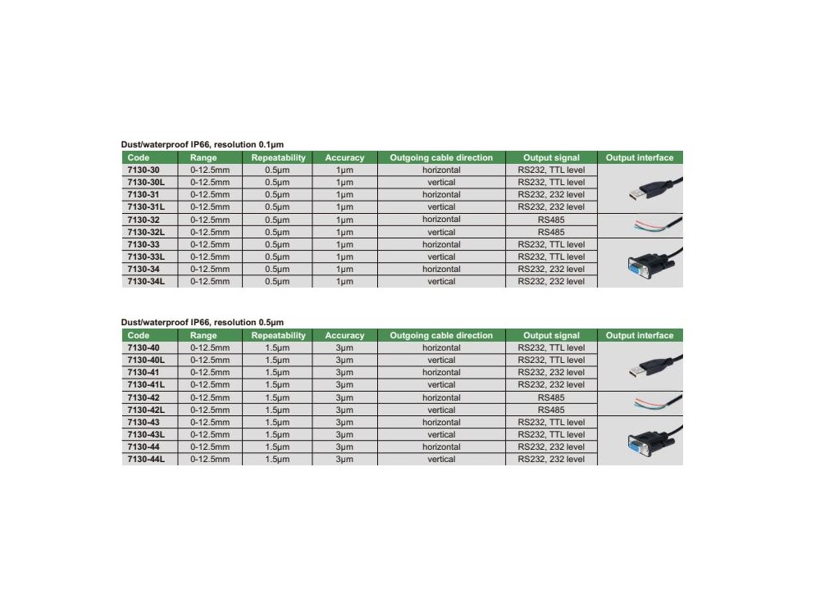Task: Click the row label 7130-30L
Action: click(x=147, y=182)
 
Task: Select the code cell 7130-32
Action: click(x=143, y=220)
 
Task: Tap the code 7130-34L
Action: click(x=147, y=281)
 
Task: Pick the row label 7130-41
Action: click(x=143, y=372)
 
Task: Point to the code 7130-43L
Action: click(x=147, y=434)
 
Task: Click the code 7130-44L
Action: click(x=147, y=460)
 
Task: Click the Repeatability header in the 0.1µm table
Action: click(x=278, y=157)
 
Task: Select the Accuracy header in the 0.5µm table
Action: click(x=344, y=335)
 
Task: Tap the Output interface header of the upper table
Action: click(x=640, y=157)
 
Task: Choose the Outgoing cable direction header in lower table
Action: click(x=441, y=335)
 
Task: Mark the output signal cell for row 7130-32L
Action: click(x=551, y=232)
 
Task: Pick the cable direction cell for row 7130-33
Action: click(x=441, y=244)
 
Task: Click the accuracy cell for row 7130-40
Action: click(x=344, y=347)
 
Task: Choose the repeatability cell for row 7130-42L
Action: click(x=278, y=410)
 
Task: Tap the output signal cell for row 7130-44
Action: click(x=551, y=447)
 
